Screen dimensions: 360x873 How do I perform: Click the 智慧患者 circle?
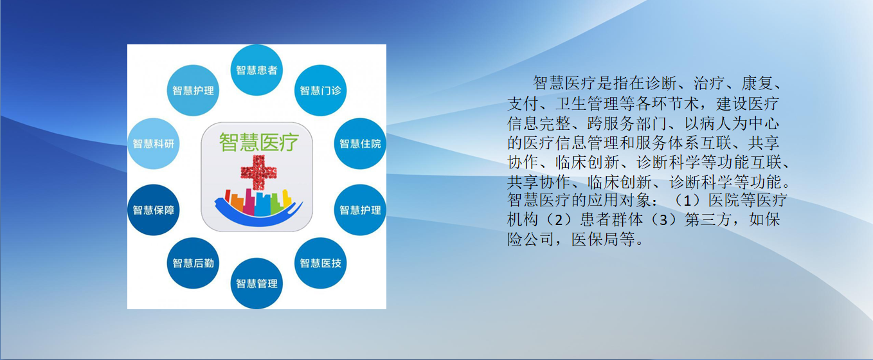click(256, 70)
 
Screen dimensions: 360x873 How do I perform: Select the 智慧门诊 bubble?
click(320, 90)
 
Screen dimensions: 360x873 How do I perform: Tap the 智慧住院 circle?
click(360, 143)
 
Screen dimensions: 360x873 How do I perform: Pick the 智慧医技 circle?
click(320, 263)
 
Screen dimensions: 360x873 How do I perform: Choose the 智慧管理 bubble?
click(256, 283)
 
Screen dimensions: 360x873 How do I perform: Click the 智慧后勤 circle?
click(193, 263)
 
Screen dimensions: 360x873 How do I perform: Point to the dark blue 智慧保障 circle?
click(153, 210)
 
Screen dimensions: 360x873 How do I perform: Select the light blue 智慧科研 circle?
click(153, 143)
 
